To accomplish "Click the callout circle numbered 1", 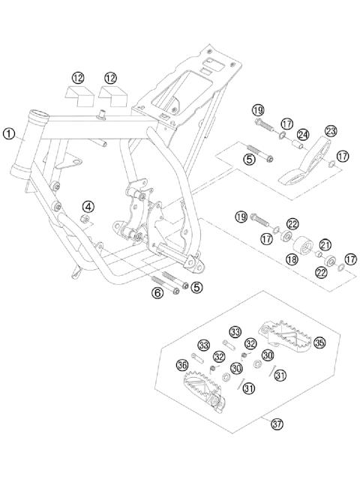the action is coord(9,133).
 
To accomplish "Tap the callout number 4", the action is coord(88,207).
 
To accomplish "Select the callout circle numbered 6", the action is coord(157,293).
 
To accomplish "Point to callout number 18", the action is coord(292,259).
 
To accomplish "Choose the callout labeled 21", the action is coord(325,244).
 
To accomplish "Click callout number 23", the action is coord(331,131).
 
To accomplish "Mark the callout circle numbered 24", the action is coord(303,134).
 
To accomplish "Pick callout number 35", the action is coord(319,343).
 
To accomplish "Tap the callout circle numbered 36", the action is coord(182,365).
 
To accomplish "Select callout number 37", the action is coord(277,424).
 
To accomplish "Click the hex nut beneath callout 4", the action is coord(85,219).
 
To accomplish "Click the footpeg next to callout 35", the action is coord(284,335).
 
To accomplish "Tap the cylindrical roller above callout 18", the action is coord(304,245).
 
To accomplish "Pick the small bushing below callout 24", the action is coord(297,144).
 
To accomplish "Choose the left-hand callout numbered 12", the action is coord(78,78).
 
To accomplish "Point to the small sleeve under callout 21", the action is coord(319,254).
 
